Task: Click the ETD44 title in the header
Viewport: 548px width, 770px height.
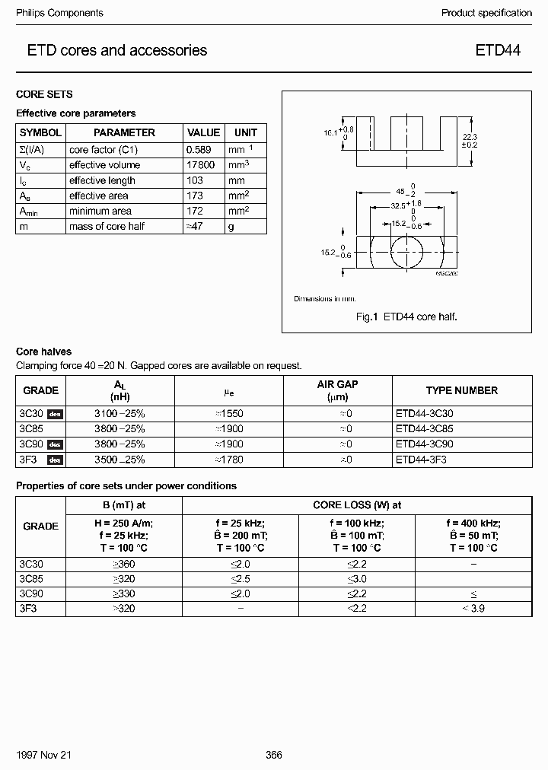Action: tap(499, 51)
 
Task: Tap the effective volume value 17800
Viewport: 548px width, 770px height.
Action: tap(202, 165)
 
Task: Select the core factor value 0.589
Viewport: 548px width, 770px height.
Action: tap(202, 150)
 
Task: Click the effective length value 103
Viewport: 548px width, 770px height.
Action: tap(196, 180)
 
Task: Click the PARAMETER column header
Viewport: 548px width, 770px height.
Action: tap(124, 132)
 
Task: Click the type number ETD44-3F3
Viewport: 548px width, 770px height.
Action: tap(421, 460)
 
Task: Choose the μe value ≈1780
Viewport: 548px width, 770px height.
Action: tap(228, 460)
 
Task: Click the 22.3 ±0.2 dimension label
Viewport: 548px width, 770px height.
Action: tap(470, 140)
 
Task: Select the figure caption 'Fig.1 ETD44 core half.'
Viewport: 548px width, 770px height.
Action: tap(406, 317)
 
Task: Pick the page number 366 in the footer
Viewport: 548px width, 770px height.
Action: tap(274, 756)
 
